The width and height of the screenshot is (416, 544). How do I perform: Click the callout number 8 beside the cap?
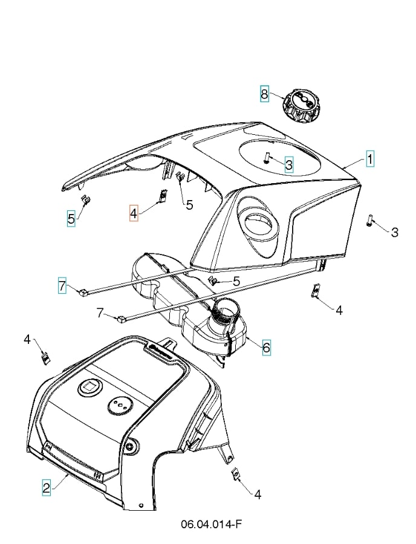[264, 94]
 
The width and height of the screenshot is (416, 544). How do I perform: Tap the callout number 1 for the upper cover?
[369, 159]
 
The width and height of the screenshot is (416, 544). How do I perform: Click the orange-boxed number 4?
[134, 213]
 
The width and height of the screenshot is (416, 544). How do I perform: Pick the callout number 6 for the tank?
[266, 348]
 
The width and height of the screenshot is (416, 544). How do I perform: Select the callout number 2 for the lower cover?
[47, 487]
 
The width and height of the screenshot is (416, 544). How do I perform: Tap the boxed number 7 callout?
[62, 285]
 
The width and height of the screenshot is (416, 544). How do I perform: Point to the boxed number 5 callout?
[71, 219]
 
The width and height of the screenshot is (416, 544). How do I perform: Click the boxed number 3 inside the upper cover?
[288, 164]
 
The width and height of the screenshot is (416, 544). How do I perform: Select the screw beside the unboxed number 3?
[369, 221]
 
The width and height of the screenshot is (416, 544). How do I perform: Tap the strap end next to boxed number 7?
[83, 293]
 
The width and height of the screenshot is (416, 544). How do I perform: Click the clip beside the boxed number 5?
[86, 200]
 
